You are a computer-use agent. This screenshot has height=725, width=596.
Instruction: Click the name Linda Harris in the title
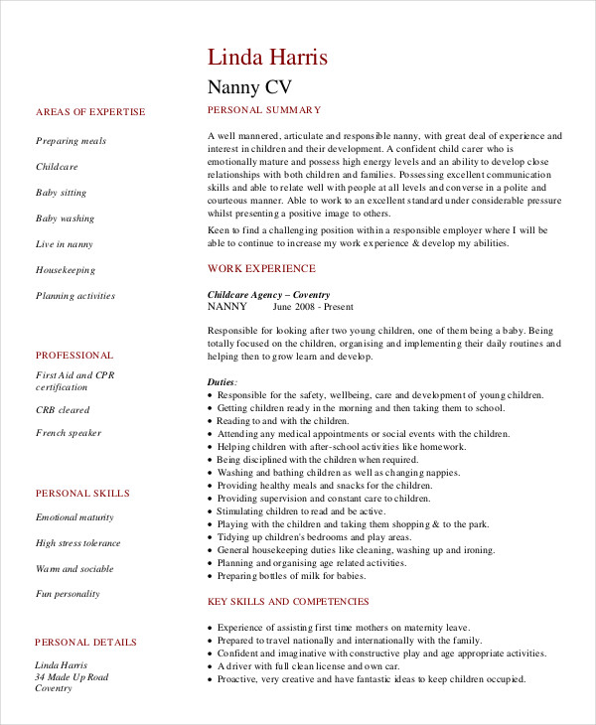(267, 57)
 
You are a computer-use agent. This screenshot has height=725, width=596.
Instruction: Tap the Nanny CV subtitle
(249, 86)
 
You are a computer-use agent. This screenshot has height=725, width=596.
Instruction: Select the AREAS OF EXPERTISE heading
(89, 112)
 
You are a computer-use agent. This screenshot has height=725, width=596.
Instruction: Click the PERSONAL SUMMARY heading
(263, 109)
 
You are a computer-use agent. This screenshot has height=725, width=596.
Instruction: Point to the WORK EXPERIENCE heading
(261, 268)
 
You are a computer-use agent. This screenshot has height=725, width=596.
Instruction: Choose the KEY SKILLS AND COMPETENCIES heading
(288, 601)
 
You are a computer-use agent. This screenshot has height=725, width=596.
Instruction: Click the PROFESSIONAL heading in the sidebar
(74, 355)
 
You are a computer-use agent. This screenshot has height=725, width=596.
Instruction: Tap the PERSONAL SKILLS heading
(81, 493)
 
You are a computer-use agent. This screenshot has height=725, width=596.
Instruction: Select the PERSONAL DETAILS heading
(85, 643)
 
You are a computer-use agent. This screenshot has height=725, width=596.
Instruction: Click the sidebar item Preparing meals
(71, 141)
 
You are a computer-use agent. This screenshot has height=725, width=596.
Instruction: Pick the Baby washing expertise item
(66, 218)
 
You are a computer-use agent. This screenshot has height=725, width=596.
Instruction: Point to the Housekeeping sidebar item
(66, 270)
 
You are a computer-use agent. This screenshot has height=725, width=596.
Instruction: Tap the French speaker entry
(69, 433)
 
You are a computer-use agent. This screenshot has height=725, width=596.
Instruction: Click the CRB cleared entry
(63, 410)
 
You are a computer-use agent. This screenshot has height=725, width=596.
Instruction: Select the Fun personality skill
(68, 594)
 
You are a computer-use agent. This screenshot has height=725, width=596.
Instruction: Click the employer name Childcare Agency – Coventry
(268, 295)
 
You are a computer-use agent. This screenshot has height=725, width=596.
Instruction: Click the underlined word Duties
(222, 381)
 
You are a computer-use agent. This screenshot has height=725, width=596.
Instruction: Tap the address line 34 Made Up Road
(73, 676)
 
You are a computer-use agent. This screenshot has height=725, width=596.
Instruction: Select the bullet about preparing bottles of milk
(294, 576)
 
